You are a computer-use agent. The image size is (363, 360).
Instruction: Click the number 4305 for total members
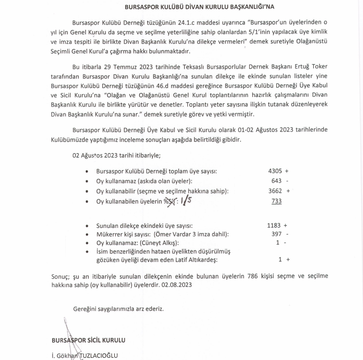click(275, 171)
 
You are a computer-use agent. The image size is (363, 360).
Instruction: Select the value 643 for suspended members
click(277, 181)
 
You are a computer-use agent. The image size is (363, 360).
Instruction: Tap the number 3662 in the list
click(275, 191)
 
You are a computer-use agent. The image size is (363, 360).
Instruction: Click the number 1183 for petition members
click(274, 226)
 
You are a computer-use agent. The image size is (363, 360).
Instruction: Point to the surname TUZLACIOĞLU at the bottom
click(97, 355)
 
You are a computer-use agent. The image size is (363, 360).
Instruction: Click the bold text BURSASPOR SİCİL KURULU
click(89, 340)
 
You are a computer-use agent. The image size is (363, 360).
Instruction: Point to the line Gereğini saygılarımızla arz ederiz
click(118, 308)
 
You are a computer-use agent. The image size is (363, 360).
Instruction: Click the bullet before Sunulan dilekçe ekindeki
click(88, 226)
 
